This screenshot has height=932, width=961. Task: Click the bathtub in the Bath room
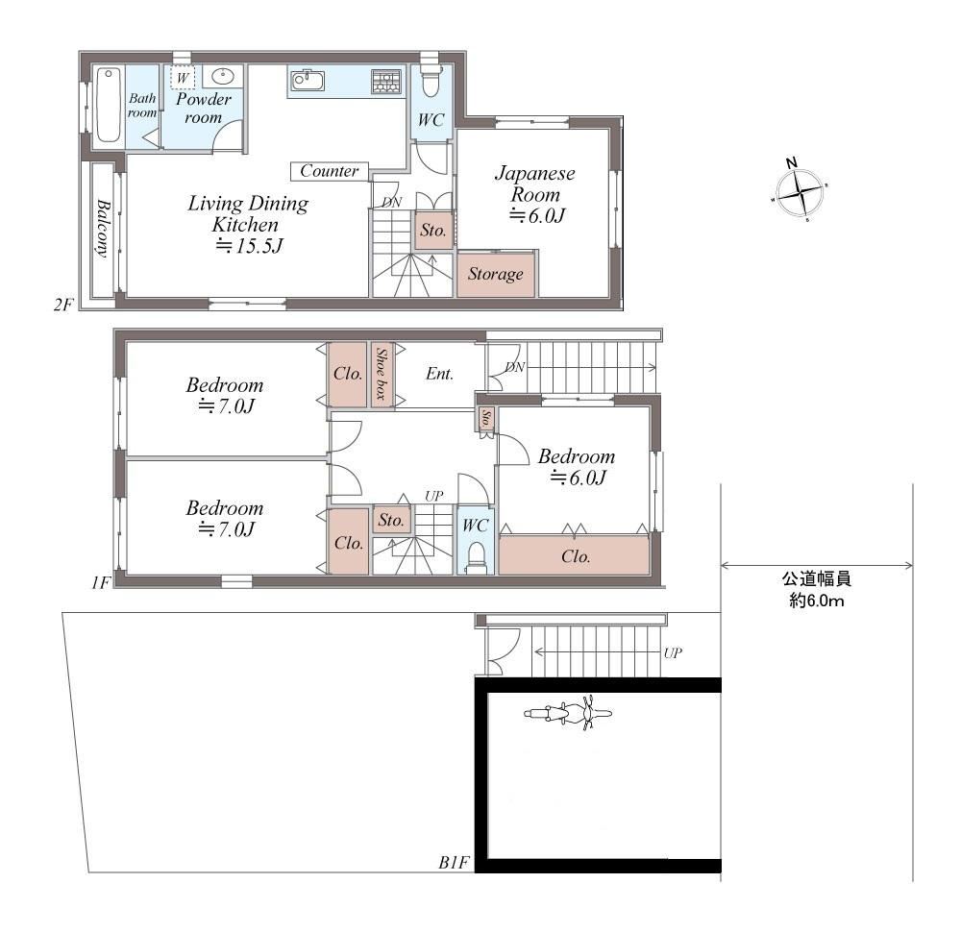pos(109,106)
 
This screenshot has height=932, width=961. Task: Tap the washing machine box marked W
pos(183,78)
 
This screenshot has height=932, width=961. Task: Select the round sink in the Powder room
pos(223,77)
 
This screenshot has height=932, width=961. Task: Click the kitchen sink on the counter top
pos(308,81)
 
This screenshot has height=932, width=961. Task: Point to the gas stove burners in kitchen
pos(386,82)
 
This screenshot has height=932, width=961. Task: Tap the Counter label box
pos(329,171)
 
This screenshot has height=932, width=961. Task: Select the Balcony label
pos(103,229)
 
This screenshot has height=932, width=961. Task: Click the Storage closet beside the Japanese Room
pos(496,274)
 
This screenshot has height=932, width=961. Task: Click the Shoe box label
pos(382,374)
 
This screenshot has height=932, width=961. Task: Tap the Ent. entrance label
pos(439,374)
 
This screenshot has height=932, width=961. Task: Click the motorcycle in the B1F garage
pos(568,713)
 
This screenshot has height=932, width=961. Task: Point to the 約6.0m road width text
pos(816,601)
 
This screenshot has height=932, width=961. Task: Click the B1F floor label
pos(454,863)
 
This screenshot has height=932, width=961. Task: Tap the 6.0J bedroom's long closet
pos(574,555)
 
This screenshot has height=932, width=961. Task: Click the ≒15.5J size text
pos(249,246)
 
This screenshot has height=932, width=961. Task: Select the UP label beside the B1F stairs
pos(673,653)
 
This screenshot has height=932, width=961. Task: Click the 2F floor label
pos(63,305)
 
